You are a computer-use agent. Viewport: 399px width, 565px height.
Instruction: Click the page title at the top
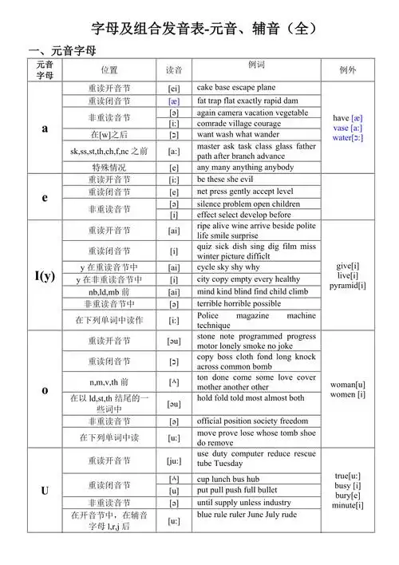point(199,29)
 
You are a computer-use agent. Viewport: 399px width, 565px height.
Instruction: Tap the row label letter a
point(45,128)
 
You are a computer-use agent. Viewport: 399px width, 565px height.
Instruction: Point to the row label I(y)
point(45,276)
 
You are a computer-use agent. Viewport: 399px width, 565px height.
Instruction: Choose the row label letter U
point(45,490)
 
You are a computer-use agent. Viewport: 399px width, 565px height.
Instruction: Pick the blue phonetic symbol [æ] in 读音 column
point(174,101)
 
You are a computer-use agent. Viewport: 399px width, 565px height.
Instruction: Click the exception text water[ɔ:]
point(348,137)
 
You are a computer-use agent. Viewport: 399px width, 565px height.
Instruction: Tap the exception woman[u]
point(348,384)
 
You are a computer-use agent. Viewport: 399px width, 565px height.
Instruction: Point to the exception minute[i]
point(348,504)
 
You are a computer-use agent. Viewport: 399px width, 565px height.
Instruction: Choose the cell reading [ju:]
point(174,459)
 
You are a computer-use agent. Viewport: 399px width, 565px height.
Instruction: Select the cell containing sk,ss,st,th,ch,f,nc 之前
point(109,151)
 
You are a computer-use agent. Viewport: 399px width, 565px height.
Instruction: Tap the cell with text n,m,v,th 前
point(109,382)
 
